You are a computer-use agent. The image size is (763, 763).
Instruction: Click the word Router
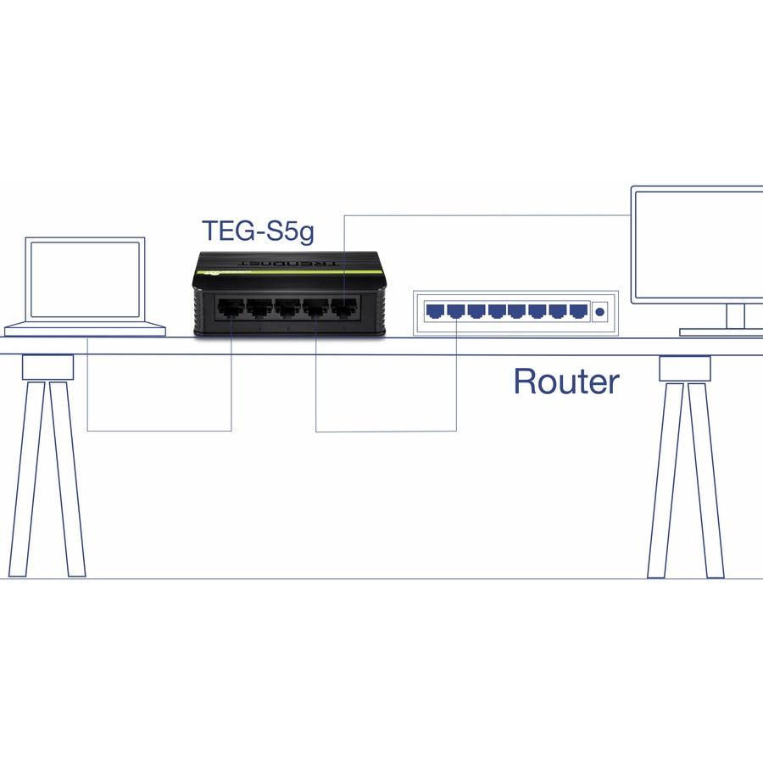(566, 382)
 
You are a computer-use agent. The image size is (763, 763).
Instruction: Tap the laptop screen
(85, 280)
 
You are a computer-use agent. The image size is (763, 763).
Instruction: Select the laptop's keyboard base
(85, 329)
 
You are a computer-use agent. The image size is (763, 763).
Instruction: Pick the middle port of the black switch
(286, 309)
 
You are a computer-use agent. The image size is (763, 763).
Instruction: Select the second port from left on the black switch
(258, 309)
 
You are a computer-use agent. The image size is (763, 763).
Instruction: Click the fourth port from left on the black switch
(314, 309)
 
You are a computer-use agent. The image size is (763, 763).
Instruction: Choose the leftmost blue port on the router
(435, 311)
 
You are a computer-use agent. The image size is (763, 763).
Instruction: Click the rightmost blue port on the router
(578, 311)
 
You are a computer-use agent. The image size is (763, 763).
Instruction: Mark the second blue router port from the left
(455, 311)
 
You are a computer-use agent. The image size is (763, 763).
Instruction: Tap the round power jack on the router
(600, 312)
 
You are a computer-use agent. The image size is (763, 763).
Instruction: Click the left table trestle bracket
(48, 367)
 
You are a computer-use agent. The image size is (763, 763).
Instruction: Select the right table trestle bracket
(685, 368)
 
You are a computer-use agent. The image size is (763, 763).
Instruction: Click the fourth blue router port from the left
(496, 311)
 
